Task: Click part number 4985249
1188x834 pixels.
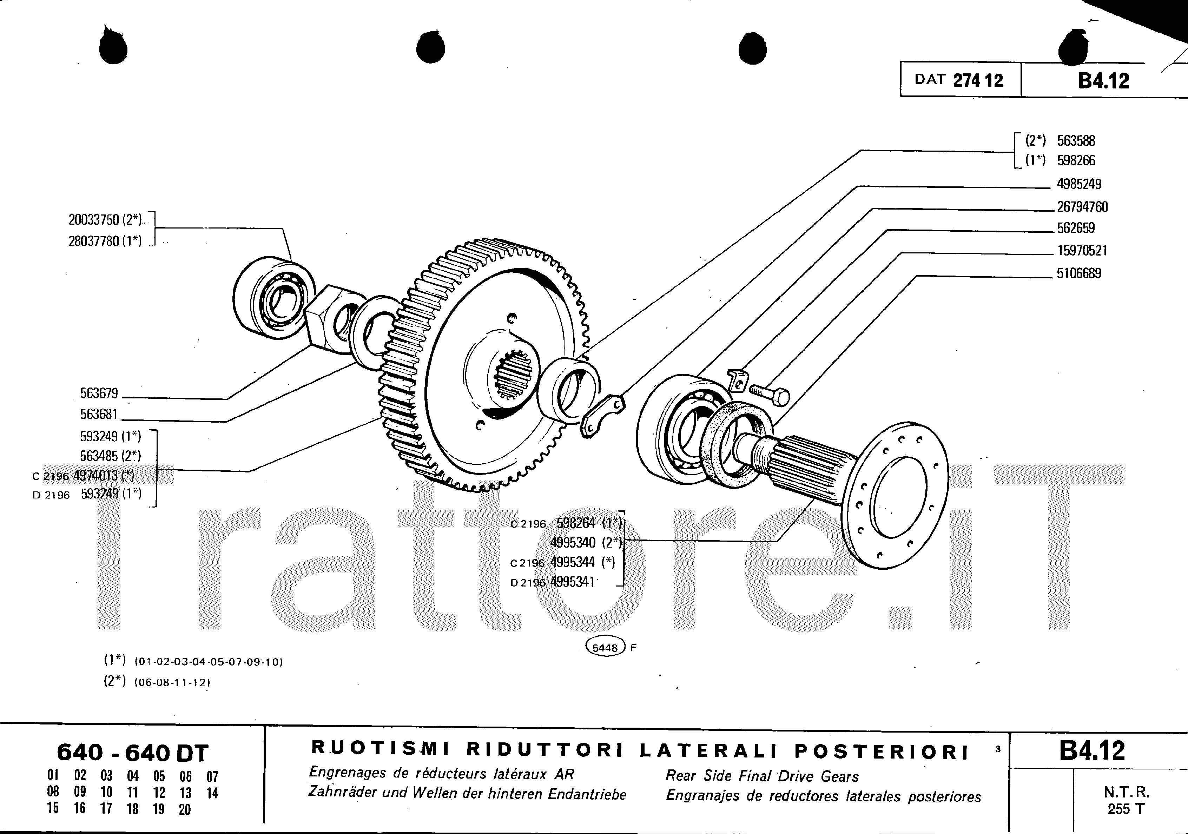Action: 1079,184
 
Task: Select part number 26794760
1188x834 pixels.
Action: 1082,207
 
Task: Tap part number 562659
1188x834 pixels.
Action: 1076,228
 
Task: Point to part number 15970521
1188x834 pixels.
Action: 1082,251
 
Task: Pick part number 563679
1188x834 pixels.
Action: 99,393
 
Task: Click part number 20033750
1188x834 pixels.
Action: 94,220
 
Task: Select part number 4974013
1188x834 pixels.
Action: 96,476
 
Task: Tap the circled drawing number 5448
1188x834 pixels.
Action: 605,648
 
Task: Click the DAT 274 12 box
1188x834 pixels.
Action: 960,79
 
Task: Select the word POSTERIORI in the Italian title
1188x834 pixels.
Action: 881,751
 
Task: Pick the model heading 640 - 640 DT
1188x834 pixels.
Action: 132,753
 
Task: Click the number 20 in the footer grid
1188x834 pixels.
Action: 185,810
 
